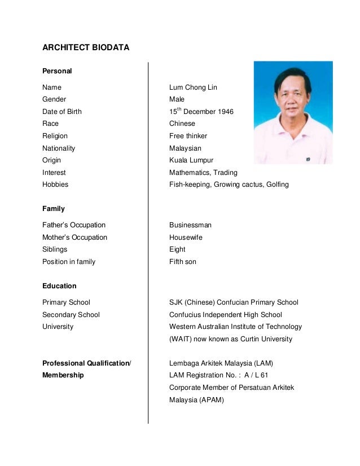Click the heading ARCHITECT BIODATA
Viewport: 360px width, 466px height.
tap(86, 47)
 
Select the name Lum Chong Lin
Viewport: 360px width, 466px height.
tap(193, 87)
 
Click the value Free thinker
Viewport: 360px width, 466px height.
tap(188, 136)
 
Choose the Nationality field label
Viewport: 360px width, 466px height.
tap(59, 148)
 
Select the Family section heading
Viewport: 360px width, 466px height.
tap(54, 209)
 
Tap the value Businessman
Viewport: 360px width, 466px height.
tap(190, 225)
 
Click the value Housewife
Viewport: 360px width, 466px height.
tap(186, 238)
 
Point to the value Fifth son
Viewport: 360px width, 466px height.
tap(183, 262)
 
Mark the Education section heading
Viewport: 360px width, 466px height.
tap(59, 286)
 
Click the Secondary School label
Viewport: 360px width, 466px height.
tap(71, 315)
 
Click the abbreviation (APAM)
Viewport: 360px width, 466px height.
tap(210, 400)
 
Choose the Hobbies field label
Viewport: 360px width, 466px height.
tap(55, 184)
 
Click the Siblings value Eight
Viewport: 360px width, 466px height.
tap(177, 249)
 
